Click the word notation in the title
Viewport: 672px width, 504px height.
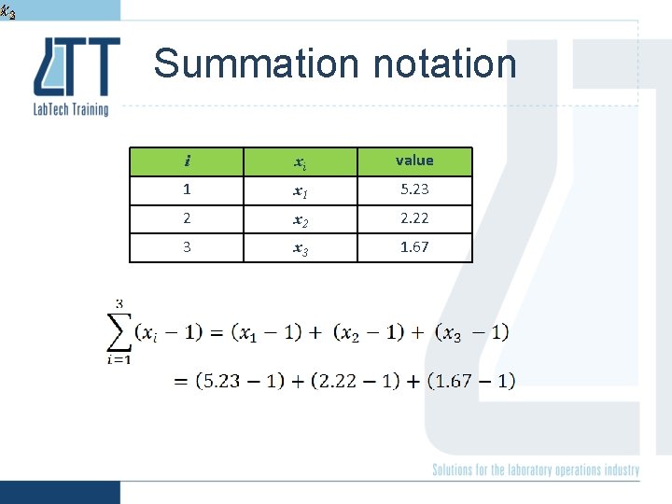click(443, 64)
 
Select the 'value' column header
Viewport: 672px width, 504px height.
click(414, 161)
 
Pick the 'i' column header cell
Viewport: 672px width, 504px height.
click(187, 161)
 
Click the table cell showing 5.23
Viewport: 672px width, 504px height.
click(414, 189)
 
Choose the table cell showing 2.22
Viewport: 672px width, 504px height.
click(414, 218)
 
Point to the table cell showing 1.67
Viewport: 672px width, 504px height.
click(414, 247)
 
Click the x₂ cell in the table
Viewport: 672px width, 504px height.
click(301, 219)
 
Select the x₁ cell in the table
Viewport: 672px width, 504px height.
click(301, 190)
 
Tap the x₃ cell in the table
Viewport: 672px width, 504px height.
click(301, 248)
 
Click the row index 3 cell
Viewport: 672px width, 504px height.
click(187, 247)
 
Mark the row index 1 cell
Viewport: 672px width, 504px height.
click(187, 189)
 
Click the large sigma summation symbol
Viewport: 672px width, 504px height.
click(119, 332)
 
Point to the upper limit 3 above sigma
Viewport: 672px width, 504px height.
click(119, 304)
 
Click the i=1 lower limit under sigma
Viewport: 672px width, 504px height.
click(119, 361)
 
